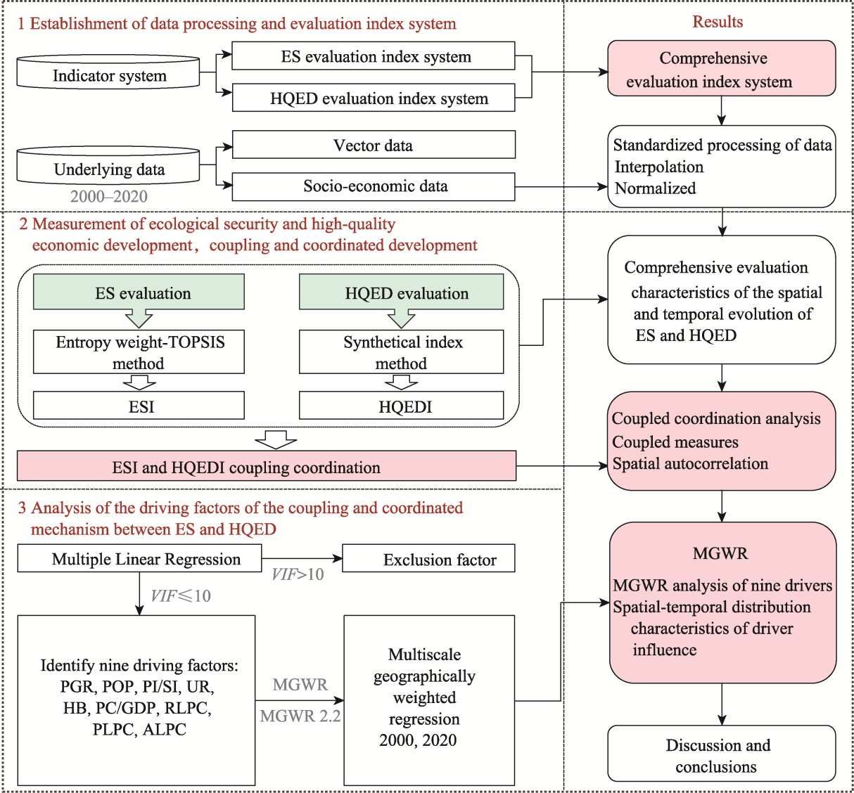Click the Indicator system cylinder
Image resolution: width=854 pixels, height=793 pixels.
[x=108, y=72]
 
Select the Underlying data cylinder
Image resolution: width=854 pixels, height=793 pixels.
[x=108, y=165]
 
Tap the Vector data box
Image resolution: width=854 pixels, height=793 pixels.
[x=374, y=144]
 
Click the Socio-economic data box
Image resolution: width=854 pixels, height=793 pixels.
[x=374, y=186]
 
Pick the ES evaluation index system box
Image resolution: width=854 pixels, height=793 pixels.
[x=374, y=56]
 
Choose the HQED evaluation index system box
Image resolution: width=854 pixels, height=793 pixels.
[x=374, y=98]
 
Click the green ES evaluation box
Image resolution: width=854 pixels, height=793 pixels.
[x=139, y=292]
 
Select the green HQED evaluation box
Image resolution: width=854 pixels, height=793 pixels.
[x=401, y=292]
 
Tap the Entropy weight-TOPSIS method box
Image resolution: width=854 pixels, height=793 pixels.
[x=139, y=352]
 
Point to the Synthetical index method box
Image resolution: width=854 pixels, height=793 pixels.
[x=401, y=352]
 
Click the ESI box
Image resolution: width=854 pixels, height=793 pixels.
[x=139, y=405]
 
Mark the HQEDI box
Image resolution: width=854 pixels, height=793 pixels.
[x=401, y=405]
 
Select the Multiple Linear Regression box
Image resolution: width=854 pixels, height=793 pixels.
[x=139, y=558]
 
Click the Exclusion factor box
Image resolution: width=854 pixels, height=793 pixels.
[x=428, y=558]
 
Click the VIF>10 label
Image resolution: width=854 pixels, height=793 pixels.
[x=298, y=574]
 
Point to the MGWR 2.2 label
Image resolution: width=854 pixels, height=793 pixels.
[x=300, y=716]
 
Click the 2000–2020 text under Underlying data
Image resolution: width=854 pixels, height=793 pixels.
[x=109, y=196]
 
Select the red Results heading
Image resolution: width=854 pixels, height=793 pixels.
[x=718, y=22]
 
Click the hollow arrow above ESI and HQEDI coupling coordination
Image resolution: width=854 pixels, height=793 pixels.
[x=276, y=439]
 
